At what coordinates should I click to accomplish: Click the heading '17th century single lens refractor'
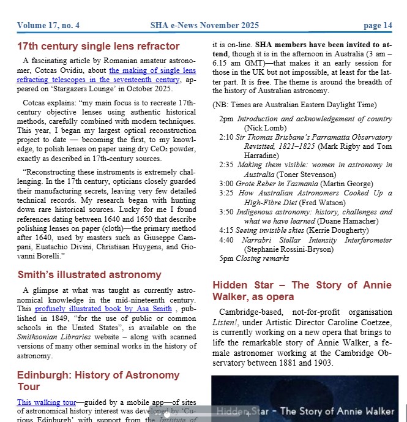[98, 47]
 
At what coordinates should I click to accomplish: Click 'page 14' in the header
[378, 25]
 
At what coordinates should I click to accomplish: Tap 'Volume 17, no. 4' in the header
[48, 25]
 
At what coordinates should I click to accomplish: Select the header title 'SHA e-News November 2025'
[204, 25]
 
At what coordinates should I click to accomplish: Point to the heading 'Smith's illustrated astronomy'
[89, 275]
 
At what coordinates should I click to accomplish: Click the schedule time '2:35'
[226, 165]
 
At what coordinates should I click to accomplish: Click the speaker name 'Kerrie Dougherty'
[330, 230]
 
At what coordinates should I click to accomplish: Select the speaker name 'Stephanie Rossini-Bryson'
[289, 249]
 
